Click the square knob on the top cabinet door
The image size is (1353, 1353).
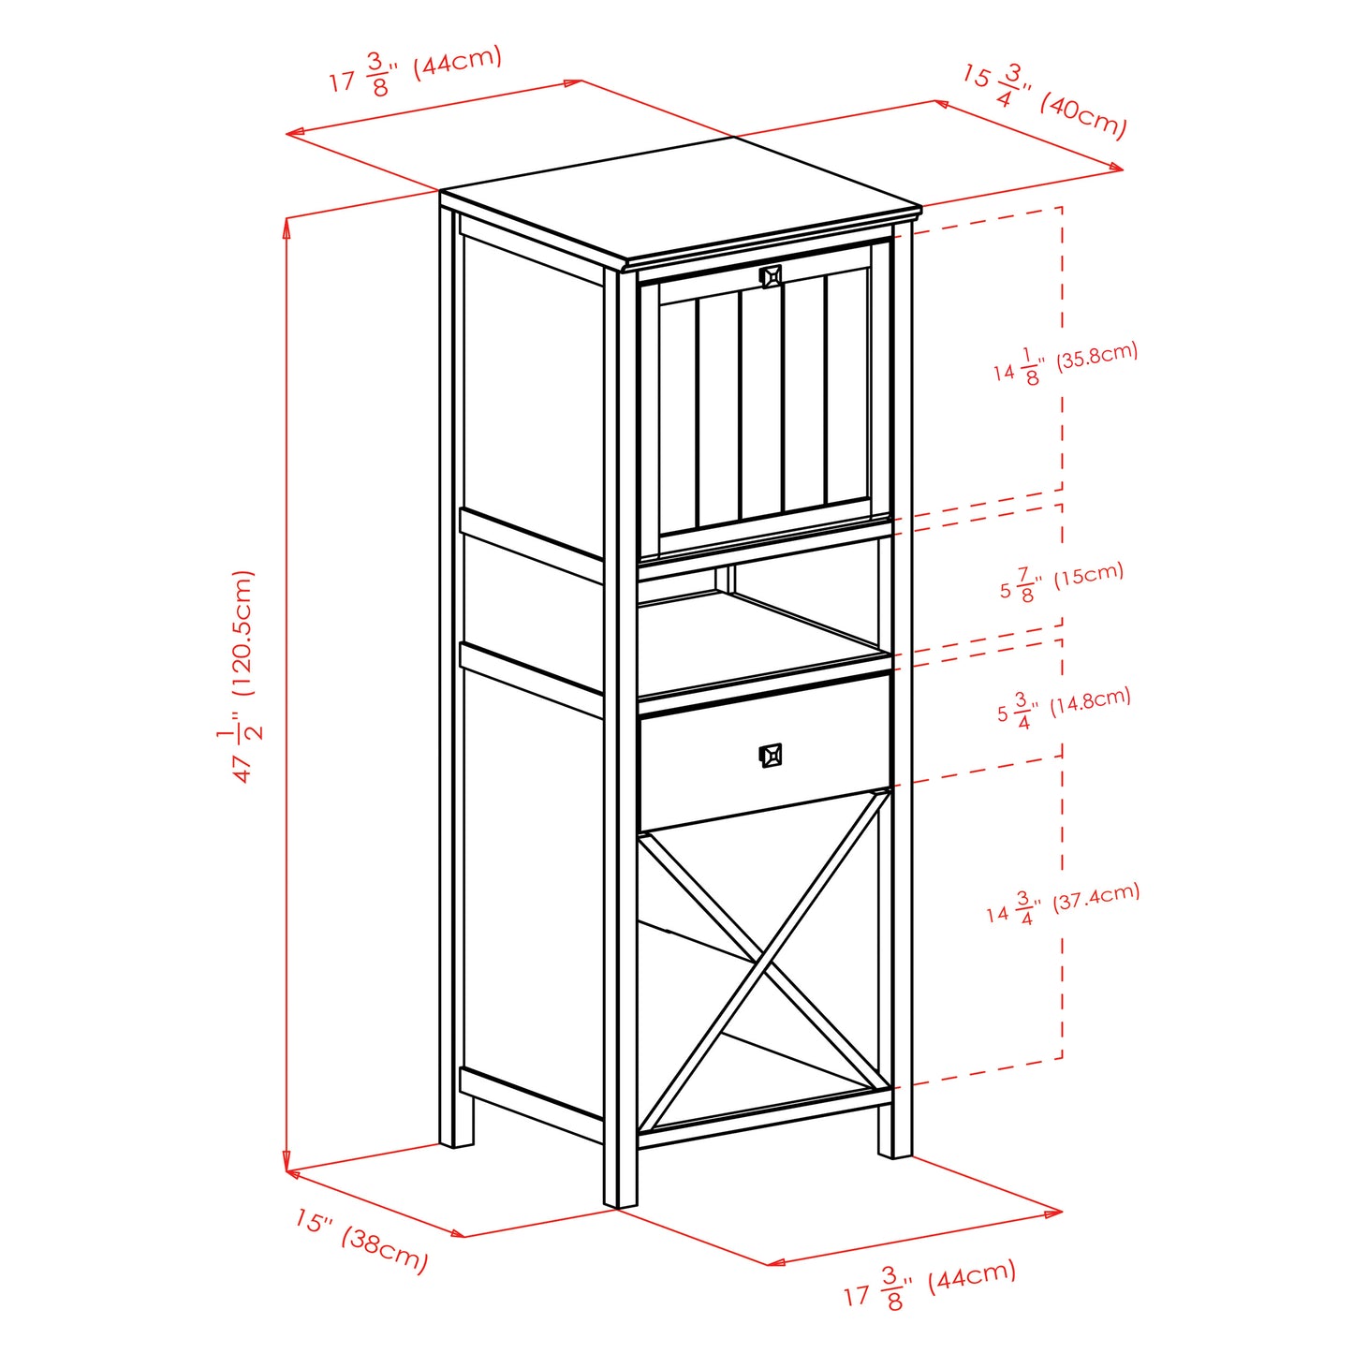click(x=771, y=276)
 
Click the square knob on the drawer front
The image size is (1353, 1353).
click(x=770, y=755)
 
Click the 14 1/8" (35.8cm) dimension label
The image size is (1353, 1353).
click(x=1066, y=363)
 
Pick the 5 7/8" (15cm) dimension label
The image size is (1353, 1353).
click(x=1061, y=581)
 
